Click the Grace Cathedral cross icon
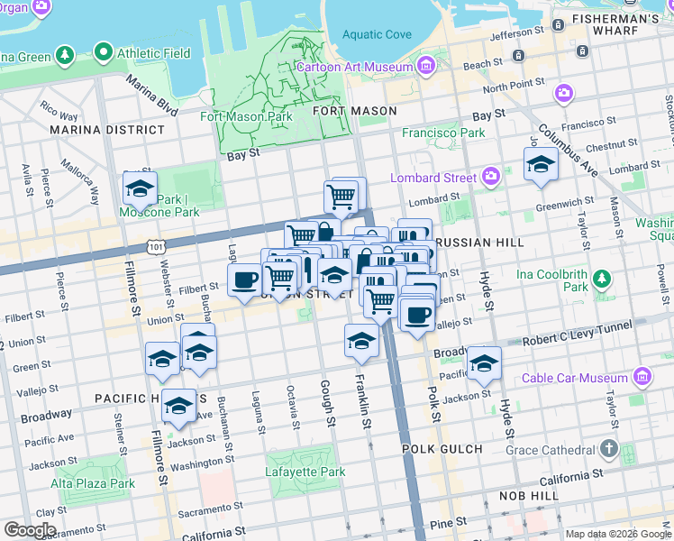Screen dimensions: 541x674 (609, 448)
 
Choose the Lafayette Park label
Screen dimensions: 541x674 (305, 472)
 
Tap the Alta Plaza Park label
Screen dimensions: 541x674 (93, 483)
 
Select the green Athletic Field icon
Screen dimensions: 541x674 (105, 53)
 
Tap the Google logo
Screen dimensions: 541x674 (30, 529)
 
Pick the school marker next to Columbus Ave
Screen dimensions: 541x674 (540, 166)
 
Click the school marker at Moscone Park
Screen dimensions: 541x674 (140, 189)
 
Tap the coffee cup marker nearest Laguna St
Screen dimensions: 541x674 (245, 280)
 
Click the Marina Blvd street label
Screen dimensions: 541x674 (151, 95)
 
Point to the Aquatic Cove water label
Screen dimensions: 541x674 (377, 35)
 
